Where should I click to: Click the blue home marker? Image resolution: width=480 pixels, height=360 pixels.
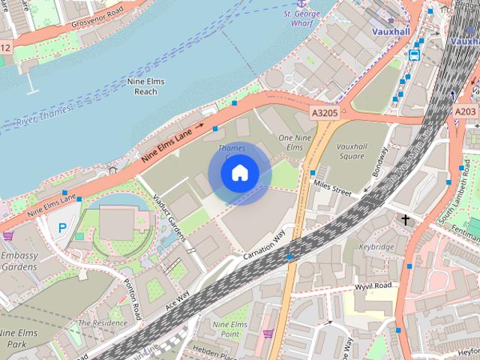pos(239,172)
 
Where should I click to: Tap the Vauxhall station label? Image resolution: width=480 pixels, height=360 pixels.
pos(391,31)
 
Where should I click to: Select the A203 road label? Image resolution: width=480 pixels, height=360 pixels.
pos(465,110)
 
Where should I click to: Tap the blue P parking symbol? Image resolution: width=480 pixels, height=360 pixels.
pos(62,227)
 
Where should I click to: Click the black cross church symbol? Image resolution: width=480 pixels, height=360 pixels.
pos(406,220)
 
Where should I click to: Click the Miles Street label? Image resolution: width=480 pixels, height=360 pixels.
pos(332,188)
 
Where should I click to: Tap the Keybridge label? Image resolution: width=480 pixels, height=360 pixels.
pos(376,246)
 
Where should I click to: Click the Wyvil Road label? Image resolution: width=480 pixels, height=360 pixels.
pos(373,286)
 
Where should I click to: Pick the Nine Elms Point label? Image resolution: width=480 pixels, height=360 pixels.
pos(230,328)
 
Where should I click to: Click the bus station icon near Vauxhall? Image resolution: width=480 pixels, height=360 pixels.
pos(414,54)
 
